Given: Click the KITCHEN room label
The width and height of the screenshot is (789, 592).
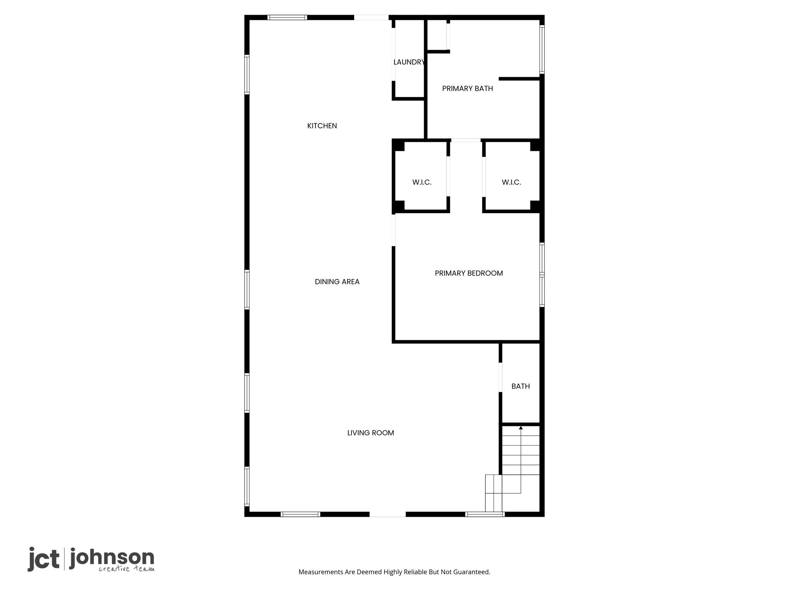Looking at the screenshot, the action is tap(322, 126).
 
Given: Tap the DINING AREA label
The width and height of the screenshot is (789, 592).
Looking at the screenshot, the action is tap(337, 282).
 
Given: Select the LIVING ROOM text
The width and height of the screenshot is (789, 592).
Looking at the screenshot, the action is tap(371, 433).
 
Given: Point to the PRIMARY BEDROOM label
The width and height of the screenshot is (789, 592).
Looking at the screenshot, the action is tap(469, 273).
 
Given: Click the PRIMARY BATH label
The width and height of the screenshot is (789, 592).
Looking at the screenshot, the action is tap(467, 89).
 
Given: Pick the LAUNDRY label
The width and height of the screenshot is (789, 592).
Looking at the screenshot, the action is tap(409, 62).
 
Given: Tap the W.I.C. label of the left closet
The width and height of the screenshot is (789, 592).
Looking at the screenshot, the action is tap(422, 182).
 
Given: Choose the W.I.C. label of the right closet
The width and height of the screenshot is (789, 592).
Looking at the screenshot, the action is tap(511, 182).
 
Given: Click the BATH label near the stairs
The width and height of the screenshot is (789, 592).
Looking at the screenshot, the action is tap(520, 386).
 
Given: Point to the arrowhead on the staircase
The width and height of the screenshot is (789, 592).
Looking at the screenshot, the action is tap(521, 427).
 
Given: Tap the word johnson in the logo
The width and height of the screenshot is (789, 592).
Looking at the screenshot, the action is tap(112, 558).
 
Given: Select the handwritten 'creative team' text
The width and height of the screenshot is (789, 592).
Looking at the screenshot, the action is tap(126, 569).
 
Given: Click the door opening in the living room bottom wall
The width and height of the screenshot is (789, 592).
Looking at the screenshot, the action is tap(388, 514).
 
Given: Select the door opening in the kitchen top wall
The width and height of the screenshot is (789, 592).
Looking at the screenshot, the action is tap(371, 17).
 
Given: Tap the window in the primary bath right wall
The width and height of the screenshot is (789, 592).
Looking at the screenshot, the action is tap(542, 49).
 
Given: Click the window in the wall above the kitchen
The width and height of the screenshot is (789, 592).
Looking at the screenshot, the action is tap(287, 17).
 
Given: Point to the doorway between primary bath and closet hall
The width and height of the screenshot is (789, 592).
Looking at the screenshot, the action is tap(466, 140).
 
